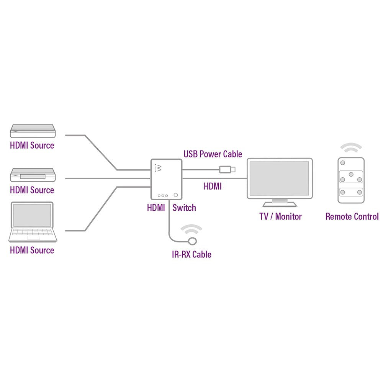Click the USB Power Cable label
(213, 154)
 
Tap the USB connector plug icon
(228, 169)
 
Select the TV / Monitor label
(280, 216)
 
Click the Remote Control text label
(352, 216)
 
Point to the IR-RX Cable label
(191, 254)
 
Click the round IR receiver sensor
(192, 241)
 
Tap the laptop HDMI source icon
(33, 222)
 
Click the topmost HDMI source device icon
(33, 131)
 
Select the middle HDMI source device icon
(33, 175)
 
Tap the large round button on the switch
(176, 195)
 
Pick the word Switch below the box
(184, 208)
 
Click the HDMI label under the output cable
(213, 187)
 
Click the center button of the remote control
(350, 174)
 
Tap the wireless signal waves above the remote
(351, 147)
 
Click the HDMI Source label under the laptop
(32, 250)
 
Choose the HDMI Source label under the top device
(32, 146)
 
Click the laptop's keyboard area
(33, 232)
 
